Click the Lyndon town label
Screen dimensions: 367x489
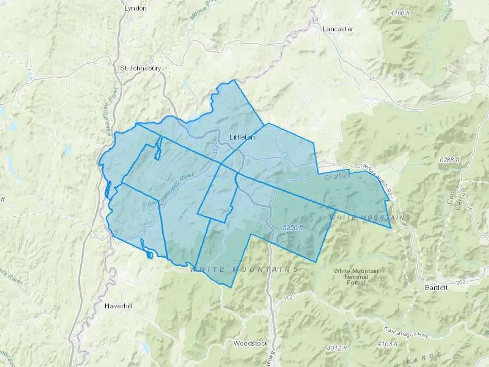click(x=135, y=8)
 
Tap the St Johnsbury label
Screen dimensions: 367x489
click(x=140, y=68)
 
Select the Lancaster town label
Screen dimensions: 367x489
click(x=338, y=29)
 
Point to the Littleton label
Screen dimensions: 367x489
click(x=242, y=137)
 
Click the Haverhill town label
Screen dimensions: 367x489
click(x=119, y=306)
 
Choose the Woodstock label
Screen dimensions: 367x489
click(x=250, y=343)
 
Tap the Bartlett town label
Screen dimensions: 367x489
click(x=436, y=287)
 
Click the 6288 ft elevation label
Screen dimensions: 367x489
click(x=450, y=160)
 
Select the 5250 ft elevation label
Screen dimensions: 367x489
click(x=293, y=228)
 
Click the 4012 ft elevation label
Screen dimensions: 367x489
click(x=337, y=348)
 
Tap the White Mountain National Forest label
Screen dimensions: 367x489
click(x=356, y=276)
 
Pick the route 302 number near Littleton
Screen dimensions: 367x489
click(x=215, y=151)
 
